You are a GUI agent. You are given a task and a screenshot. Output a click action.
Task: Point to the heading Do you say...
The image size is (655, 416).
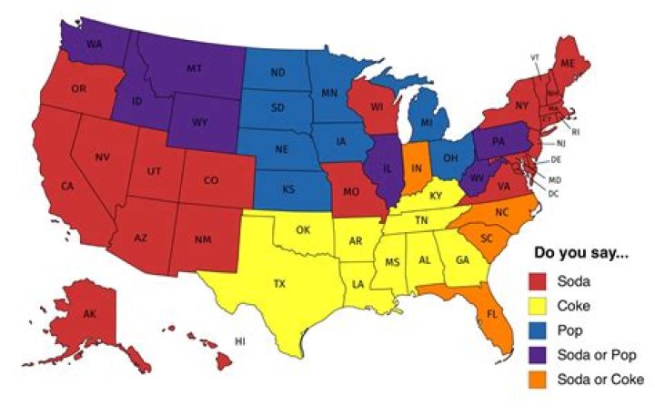click(579, 253)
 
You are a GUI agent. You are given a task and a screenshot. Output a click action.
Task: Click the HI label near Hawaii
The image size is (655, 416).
click(240, 341)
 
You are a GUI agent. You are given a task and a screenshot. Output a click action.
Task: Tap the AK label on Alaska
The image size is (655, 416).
click(88, 314)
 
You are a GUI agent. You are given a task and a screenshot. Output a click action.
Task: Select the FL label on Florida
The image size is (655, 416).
click(492, 314)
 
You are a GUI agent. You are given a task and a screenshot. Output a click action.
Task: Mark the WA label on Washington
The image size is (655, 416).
click(93, 44)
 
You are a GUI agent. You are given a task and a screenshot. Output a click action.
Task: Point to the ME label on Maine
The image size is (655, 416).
click(568, 63)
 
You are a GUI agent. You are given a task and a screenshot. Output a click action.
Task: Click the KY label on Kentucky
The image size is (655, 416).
click(436, 196)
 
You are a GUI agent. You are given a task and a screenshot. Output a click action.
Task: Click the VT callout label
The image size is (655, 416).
click(535, 57)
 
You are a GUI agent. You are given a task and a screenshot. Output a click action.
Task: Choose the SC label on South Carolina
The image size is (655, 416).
click(486, 238)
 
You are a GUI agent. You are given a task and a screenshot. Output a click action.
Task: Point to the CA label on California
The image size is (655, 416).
click(66, 187)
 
